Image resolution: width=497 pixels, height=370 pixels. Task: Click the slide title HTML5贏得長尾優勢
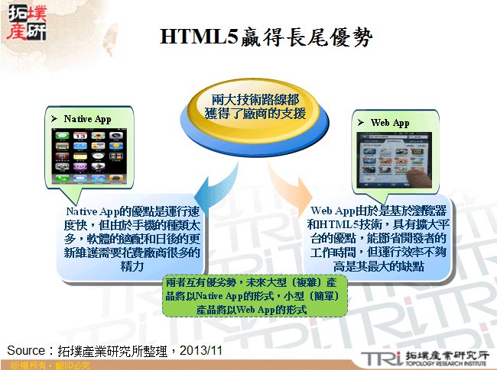point(267,37)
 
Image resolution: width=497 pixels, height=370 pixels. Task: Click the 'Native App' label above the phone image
point(87,119)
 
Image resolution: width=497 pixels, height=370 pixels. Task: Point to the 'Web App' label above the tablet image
point(390,123)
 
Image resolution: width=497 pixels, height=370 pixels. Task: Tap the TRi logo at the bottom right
point(380,356)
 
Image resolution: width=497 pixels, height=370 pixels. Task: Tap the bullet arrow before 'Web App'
point(360,123)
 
